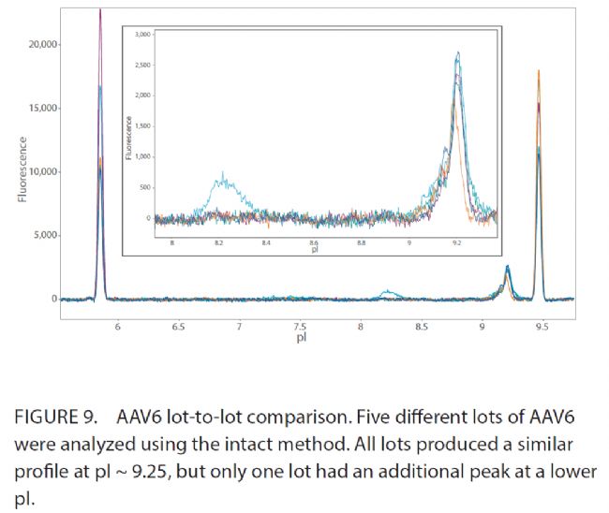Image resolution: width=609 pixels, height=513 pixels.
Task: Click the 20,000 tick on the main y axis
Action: (x=45, y=45)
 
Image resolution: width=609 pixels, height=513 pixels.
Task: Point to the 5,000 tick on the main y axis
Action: (x=47, y=235)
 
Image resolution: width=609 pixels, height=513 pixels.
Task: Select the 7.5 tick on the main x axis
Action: (x=300, y=326)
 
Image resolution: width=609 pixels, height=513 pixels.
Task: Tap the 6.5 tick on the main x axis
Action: (x=178, y=326)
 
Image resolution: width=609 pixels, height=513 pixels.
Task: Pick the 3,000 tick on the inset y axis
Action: (x=143, y=34)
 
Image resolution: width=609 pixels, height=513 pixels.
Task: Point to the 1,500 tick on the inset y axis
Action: (x=143, y=125)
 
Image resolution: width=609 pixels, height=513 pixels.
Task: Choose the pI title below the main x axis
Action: (x=301, y=337)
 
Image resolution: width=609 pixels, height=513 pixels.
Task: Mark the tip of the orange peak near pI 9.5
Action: (x=539, y=70)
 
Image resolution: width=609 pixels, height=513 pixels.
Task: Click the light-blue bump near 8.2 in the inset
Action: (x=223, y=175)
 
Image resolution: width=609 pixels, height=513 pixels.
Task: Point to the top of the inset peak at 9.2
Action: (x=458, y=53)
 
